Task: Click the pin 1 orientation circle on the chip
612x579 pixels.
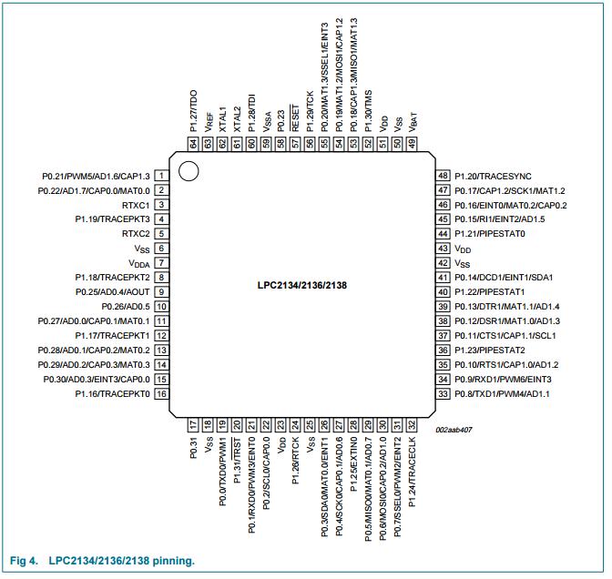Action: [x=188, y=170]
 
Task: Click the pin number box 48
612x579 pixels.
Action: [x=444, y=176]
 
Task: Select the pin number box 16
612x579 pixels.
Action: [x=160, y=393]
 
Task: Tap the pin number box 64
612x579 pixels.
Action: [x=193, y=143]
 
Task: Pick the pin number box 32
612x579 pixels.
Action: [x=411, y=425]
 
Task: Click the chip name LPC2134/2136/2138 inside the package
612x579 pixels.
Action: [x=301, y=284]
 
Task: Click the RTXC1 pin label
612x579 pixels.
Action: [x=135, y=205]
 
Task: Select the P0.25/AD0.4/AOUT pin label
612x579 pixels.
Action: [x=112, y=291]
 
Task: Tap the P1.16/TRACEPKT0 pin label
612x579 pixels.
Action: [x=112, y=393]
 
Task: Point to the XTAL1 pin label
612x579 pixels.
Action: [x=222, y=122]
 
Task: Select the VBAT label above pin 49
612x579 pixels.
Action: [x=412, y=120]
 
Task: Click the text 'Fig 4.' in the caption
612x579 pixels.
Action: [x=24, y=560]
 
